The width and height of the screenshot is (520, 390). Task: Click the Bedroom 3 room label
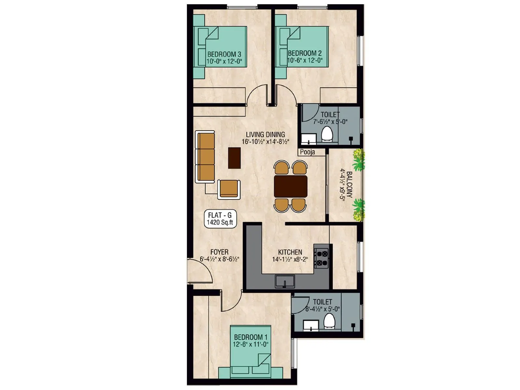click(224, 54)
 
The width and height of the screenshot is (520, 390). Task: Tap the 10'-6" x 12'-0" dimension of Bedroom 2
click(305, 60)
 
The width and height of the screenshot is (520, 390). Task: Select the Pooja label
click(307, 152)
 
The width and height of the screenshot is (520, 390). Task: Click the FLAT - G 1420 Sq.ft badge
click(220, 219)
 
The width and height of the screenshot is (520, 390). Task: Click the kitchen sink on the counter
click(285, 281)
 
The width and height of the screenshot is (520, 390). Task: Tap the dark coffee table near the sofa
click(234, 158)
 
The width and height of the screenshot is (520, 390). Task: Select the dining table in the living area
click(291, 187)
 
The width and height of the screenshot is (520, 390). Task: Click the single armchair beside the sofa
click(229, 189)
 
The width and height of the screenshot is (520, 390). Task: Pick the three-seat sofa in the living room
click(206, 157)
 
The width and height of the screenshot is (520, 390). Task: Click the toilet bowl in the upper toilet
click(327, 135)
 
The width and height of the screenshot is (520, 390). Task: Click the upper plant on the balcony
click(359, 160)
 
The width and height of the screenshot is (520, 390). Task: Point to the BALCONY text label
click(349, 185)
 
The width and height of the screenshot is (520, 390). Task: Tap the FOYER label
click(219, 252)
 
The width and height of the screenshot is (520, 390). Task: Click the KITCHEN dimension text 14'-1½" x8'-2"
click(290, 259)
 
